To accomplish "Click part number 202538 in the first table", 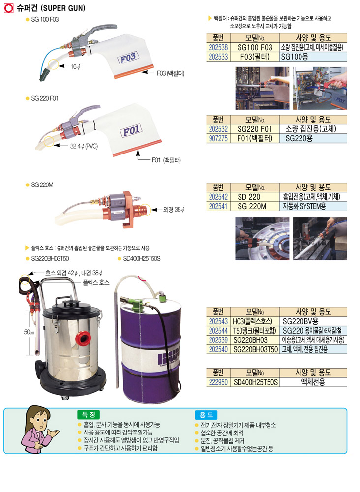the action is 218,47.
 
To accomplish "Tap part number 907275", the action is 218,138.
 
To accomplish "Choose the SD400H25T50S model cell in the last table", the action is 256,382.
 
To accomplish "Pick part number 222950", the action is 218,382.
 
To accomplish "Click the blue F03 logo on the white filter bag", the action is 128,58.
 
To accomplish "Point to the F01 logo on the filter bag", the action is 131,130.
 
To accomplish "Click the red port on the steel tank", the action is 84,338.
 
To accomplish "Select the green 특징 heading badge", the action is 89,415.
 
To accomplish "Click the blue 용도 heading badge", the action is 207,415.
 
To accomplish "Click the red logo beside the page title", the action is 9,8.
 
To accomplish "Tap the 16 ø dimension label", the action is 75,67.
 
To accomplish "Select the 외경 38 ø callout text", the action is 174,209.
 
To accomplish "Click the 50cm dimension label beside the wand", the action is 29,332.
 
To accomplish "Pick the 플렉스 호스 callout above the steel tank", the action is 96,283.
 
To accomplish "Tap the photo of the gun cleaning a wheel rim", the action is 263,239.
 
